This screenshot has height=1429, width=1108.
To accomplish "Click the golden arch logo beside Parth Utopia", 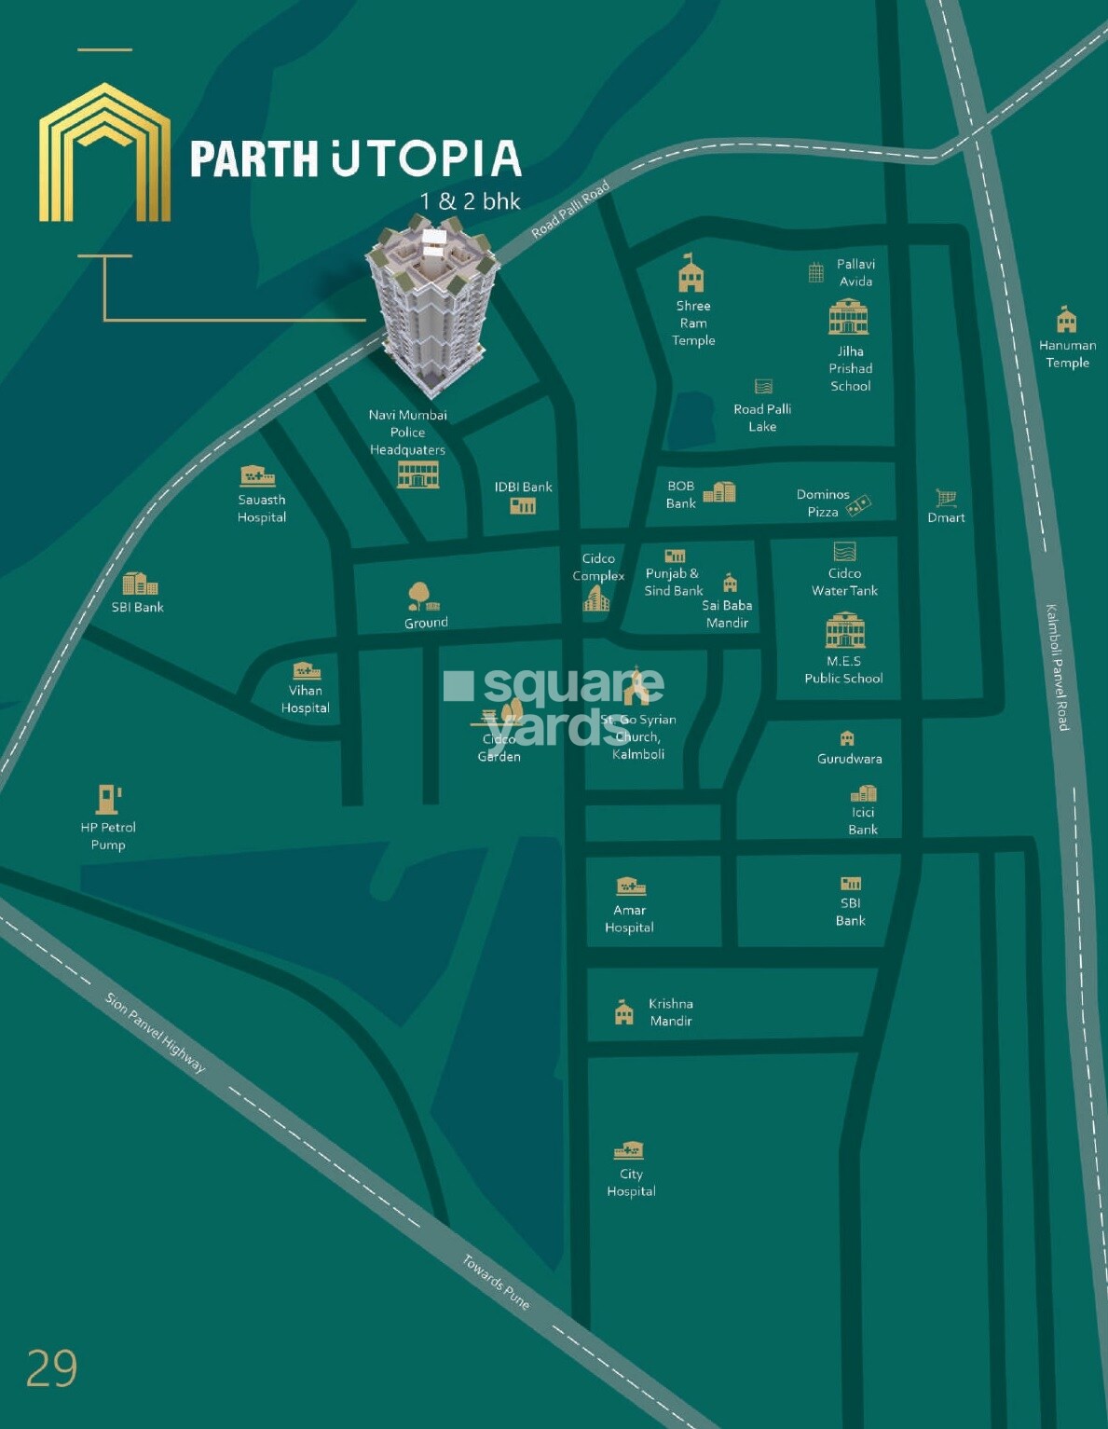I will pyautogui.click(x=104, y=153).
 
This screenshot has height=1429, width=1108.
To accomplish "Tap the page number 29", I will pyautogui.click(x=51, y=1368).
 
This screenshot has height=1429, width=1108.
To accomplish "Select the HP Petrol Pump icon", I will pyautogui.click(x=109, y=799).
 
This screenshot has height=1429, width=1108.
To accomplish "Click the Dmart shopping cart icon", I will pyautogui.click(x=946, y=498).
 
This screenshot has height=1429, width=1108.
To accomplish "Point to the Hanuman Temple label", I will pyautogui.click(x=1067, y=353).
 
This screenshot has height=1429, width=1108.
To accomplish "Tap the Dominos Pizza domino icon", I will pyautogui.click(x=858, y=504).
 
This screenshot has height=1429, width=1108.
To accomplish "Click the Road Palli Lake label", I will pyautogui.click(x=762, y=418).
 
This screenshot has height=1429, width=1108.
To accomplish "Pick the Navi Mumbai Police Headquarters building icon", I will pyautogui.click(x=417, y=474).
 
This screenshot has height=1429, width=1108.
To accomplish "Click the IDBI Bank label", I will pyautogui.click(x=523, y=487).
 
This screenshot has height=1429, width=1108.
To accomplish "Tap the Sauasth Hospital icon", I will pyautogui.click(x=257, y=476).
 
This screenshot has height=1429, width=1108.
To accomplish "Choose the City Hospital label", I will pyautogui.click(x=631, y=1182).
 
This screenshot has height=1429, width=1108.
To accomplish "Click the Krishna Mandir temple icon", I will pyautogui.click(x=624, y=1012).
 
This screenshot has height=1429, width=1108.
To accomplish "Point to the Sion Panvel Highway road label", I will pyautogui.click(x=156, y=1032).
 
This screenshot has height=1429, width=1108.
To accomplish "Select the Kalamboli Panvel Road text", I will pyautogui.click(x=1057, y=667).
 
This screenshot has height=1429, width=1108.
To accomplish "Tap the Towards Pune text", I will pyautogui.click(x=497, y=1283).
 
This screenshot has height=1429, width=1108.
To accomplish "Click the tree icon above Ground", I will pyautogui.click(x=418, y=595).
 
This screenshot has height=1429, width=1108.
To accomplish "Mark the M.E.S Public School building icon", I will pyautogui.click(x=845, y=631).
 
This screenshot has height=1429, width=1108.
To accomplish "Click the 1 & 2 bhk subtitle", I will pyautogui.click(x=470, y=201).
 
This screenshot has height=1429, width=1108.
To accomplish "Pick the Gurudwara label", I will pyautogui.click(x=849, y=759).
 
